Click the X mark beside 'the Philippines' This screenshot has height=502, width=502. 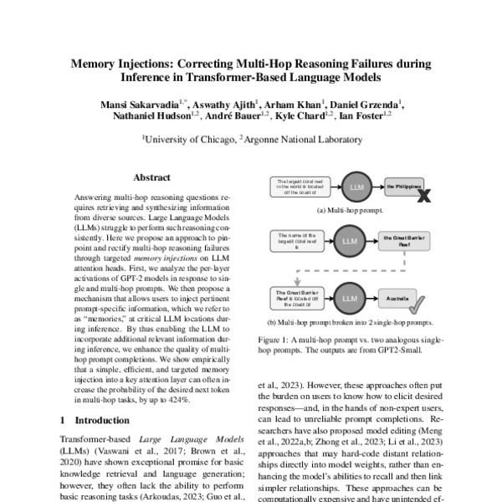(x=424, y=196)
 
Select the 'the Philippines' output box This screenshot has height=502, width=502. (x=401, y=189)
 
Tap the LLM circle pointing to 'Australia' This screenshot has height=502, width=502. (x=346, y=297)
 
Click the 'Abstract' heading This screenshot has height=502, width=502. (x=151, y=177)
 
